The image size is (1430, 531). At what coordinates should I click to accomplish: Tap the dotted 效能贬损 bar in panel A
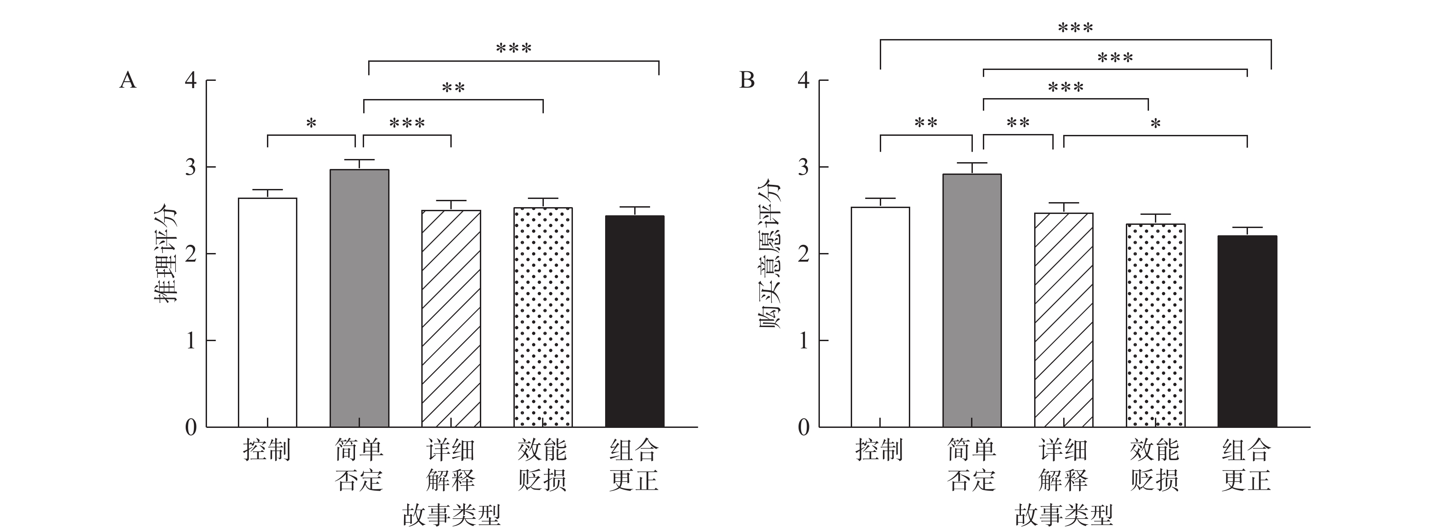click(x=542, y=317)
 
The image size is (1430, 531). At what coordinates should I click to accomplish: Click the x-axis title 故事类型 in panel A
click(x=451, y=515)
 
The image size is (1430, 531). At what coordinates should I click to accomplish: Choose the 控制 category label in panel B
click(x=879, y=450)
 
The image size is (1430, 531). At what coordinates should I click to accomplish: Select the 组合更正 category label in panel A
click(x=634, y=465)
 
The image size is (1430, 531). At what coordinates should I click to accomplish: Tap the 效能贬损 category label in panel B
click(x=1154, y=465)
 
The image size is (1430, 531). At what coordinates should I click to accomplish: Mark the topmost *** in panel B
click(x=1075, y=28)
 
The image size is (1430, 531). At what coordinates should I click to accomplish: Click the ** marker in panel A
click(x=453, y=88)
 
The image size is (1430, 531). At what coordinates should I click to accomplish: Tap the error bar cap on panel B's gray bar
click(x=971, y=164)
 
